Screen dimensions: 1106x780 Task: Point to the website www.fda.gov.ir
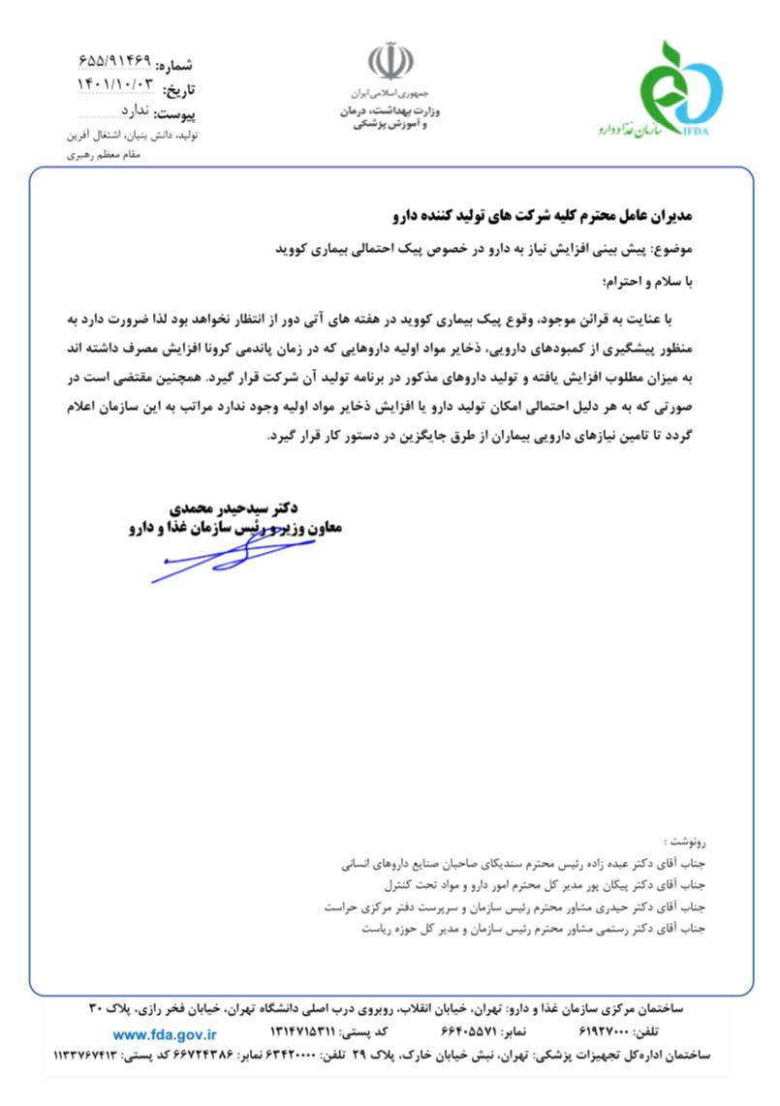(164, 1034)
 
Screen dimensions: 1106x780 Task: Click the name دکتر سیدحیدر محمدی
(232, 507)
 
